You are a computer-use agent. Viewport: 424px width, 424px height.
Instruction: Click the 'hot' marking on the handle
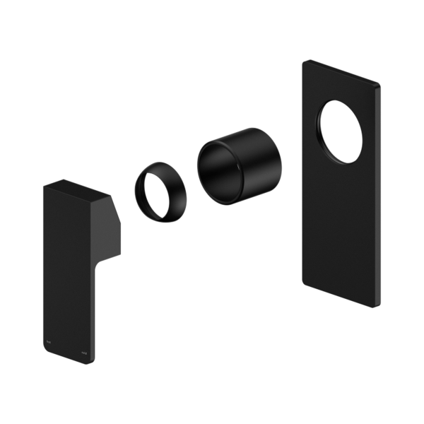click(48, 339)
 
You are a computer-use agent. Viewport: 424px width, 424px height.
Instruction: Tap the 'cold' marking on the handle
click(83, 349)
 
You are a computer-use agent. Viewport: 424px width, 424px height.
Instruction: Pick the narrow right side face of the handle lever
click(91, 311)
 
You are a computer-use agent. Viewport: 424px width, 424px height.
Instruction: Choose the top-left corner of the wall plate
click(305, 62)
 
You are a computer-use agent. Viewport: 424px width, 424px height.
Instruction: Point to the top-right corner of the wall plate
click(379, 86)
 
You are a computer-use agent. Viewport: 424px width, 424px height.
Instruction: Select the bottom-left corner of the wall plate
click(305, 285)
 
